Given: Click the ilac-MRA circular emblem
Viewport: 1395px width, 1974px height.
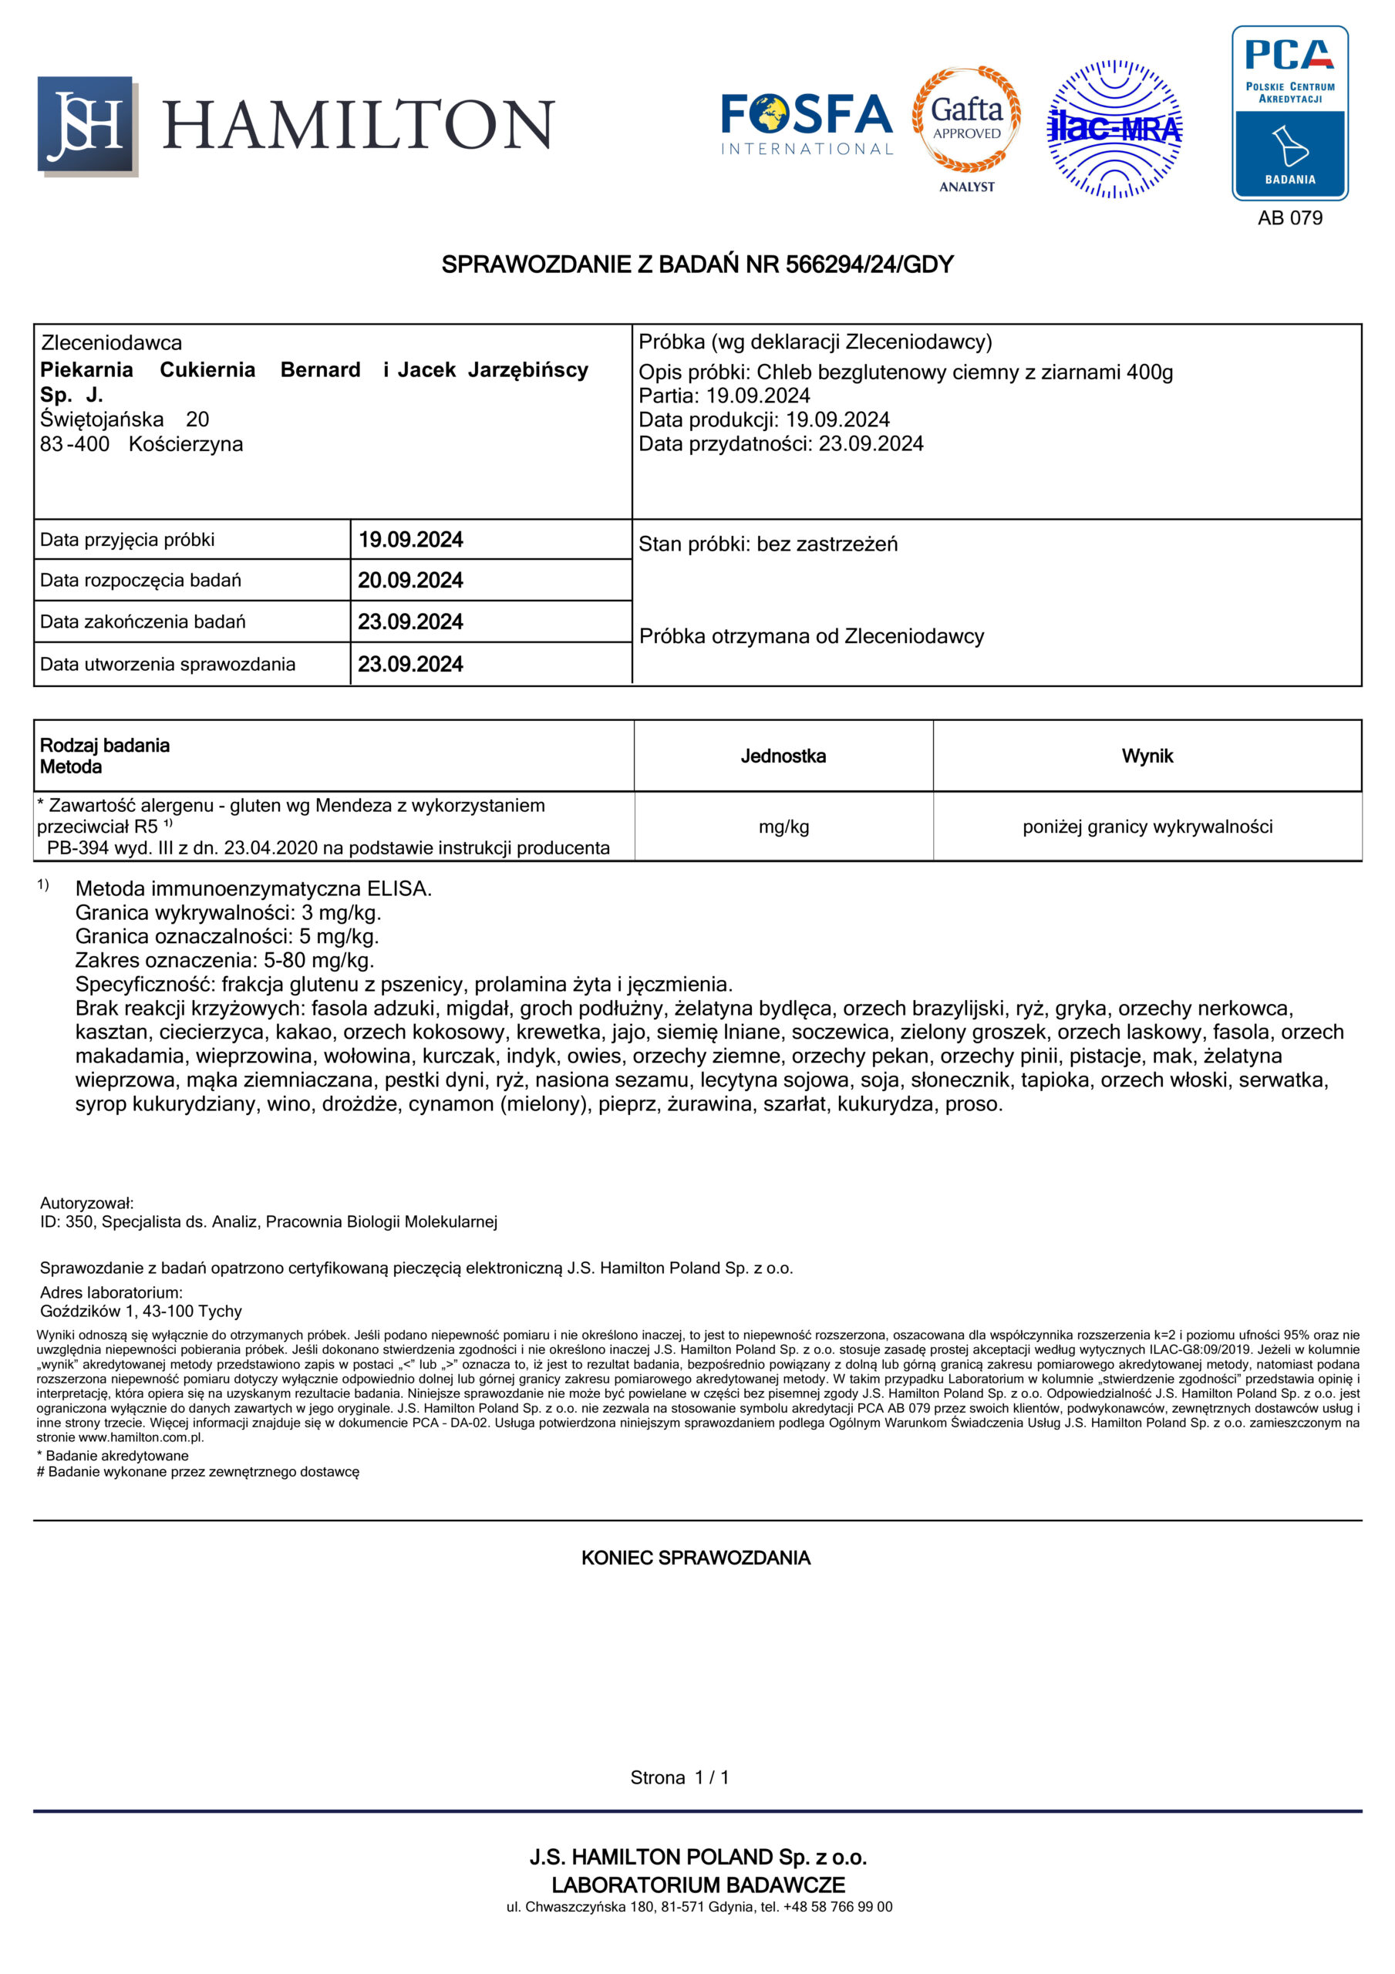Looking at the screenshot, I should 1114,129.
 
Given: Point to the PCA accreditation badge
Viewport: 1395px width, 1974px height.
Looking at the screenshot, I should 1289,113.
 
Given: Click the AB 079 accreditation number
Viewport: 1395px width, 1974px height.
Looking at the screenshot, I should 1289,217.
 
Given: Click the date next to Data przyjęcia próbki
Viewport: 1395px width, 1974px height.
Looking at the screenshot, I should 410,540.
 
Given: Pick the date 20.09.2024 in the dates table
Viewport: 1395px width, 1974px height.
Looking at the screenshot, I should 410,581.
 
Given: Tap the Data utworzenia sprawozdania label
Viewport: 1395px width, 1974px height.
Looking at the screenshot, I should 167,664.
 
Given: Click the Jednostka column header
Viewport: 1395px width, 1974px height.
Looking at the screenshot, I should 783,756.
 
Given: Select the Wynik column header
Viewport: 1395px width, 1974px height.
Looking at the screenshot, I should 1147,756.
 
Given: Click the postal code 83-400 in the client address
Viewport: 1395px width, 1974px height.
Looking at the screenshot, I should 75,444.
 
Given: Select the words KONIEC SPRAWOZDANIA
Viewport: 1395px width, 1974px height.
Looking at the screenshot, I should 696,1558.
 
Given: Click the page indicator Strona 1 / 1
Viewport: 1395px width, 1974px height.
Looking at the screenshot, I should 679,1777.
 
